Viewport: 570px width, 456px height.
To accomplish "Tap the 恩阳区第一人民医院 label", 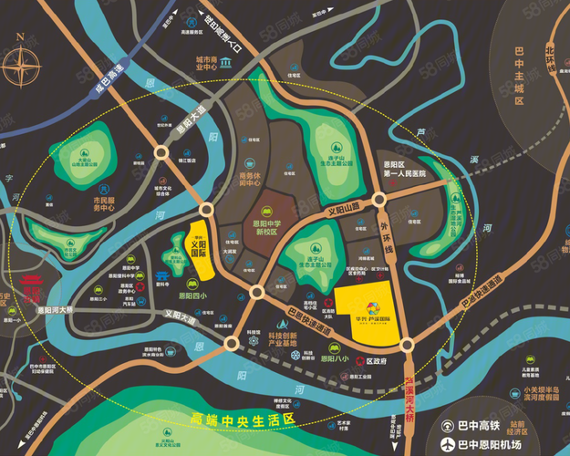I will click(x=404, y=170).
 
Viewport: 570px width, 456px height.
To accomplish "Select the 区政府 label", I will click(x=377, y=360).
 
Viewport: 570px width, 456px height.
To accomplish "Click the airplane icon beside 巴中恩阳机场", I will click(x=448, y=445).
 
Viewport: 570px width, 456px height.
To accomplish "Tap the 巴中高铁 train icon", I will click(x=448, y=426).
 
